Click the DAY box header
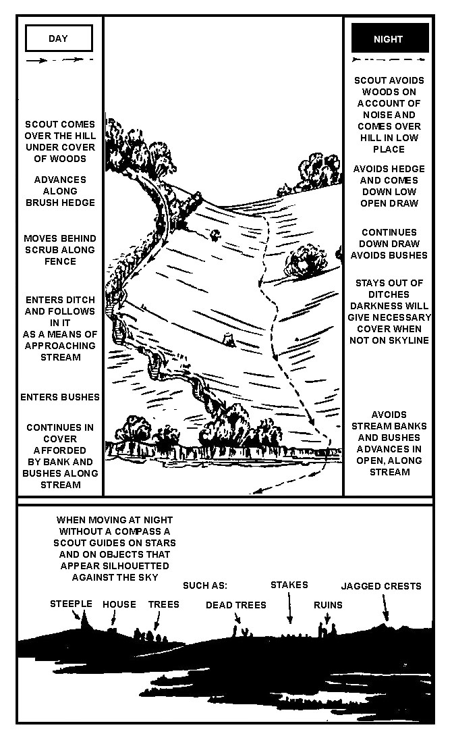59,38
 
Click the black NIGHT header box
390,38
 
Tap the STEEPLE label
71,604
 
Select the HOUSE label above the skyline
119,604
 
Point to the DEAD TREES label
236,605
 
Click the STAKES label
289,585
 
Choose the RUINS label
328,605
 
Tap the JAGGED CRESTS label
381,586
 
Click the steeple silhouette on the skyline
85,623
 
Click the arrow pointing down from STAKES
289,608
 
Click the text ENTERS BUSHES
60,397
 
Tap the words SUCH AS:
205,585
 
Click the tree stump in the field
229,340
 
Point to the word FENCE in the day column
60,261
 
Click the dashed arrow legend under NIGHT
389,59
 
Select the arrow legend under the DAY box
59,60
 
